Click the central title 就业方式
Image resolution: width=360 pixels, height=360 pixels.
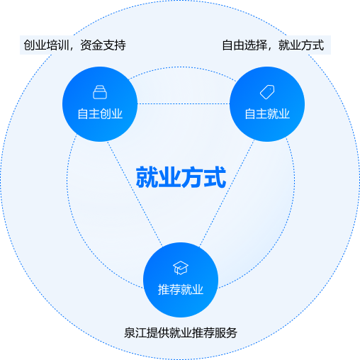point(181,177)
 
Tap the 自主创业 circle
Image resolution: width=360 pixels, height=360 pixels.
point(100,104)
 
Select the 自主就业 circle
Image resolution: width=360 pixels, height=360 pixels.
point(267,104)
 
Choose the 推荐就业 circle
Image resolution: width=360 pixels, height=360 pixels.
point(181,280)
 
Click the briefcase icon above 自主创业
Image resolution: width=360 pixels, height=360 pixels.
point(100,92)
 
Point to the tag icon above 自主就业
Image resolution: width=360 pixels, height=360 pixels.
point(267,92)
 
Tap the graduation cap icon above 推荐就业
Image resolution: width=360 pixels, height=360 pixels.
point(181,268)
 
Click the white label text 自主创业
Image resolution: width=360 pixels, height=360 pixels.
point(100,114)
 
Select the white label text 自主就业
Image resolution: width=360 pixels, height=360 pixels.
point(267,114)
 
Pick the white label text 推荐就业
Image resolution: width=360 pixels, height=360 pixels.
point(181,289)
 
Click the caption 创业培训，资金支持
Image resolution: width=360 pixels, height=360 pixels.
point(74,45)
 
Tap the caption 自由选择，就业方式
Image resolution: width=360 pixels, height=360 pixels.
point(273,45)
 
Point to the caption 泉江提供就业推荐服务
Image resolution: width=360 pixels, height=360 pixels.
point(181,333)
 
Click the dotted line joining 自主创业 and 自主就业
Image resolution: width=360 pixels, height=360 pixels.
point(184,103)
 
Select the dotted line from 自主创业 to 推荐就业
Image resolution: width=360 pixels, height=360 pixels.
point(135,193)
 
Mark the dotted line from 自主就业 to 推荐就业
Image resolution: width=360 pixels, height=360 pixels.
point(227,193)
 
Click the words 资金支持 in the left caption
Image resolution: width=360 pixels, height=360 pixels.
point(103,45)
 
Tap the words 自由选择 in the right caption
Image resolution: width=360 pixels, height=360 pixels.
point(244,45)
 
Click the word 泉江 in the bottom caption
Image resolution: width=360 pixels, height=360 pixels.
point(135,333)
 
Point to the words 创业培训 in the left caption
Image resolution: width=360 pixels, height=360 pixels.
point(46,45)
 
